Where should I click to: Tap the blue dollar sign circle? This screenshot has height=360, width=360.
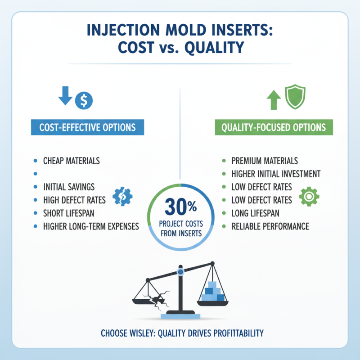click(84, 100)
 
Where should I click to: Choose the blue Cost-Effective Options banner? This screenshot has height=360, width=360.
click(87, 127)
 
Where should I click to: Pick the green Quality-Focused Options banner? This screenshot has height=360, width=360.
click(274, 127)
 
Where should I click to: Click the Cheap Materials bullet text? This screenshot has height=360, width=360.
click(71, 161)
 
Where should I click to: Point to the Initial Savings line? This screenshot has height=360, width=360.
click(69, 187)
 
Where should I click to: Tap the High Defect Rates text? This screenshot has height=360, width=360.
click(75, 200)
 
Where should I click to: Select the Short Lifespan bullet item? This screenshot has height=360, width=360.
click(69, 213)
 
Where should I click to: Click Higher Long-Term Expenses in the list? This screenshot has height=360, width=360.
click(91, 226)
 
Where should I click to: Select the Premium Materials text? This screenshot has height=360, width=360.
click(265, 161)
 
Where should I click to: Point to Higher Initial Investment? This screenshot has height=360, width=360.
click(276, 174)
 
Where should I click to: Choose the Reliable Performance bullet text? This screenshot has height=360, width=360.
click(270, 226)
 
